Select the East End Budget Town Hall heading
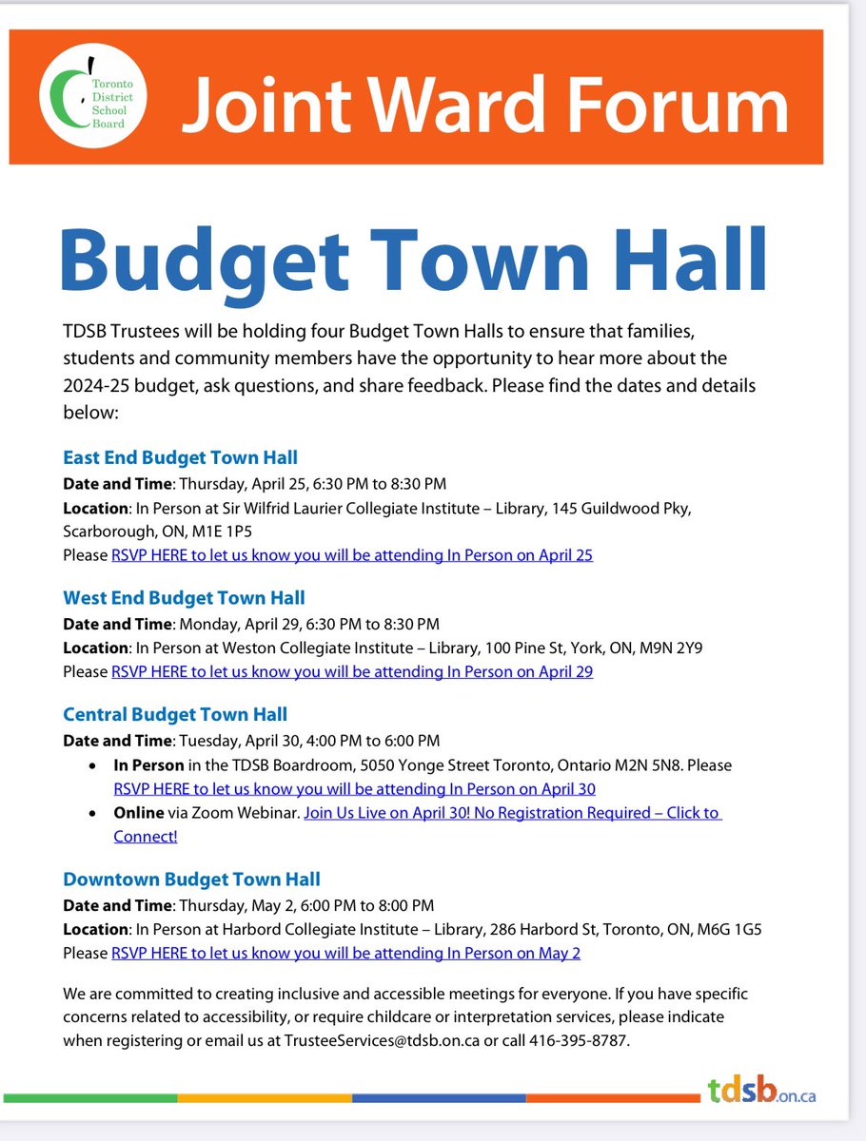pos(180,457)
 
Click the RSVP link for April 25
pos(352,555)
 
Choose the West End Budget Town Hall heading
pos(184,598)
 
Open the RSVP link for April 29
pos(352,672)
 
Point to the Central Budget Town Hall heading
pos(175,714)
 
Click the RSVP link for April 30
pos(354,789)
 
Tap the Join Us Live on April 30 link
pos(512,814)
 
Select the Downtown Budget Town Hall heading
pos(191,880)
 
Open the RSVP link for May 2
pos(345,954)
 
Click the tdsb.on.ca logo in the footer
pos(761,1092)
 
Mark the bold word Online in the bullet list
pos(139,814)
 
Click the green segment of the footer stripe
pos(90,1098)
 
